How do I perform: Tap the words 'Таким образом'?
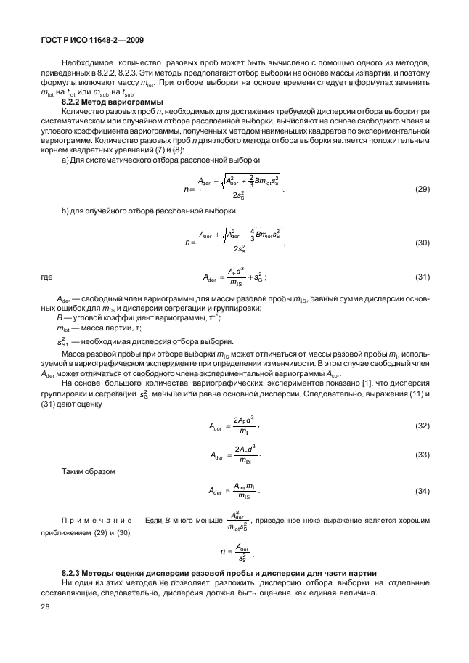87,471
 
